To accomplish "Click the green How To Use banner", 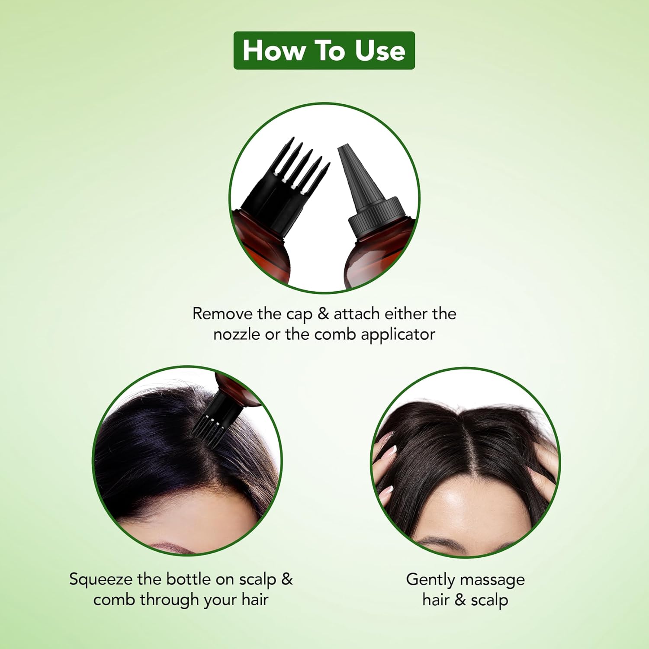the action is point(324,50).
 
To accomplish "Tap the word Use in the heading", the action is point(380,51).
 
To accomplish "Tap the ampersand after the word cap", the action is point(323,313).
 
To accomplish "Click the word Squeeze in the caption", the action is point(100,579).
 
